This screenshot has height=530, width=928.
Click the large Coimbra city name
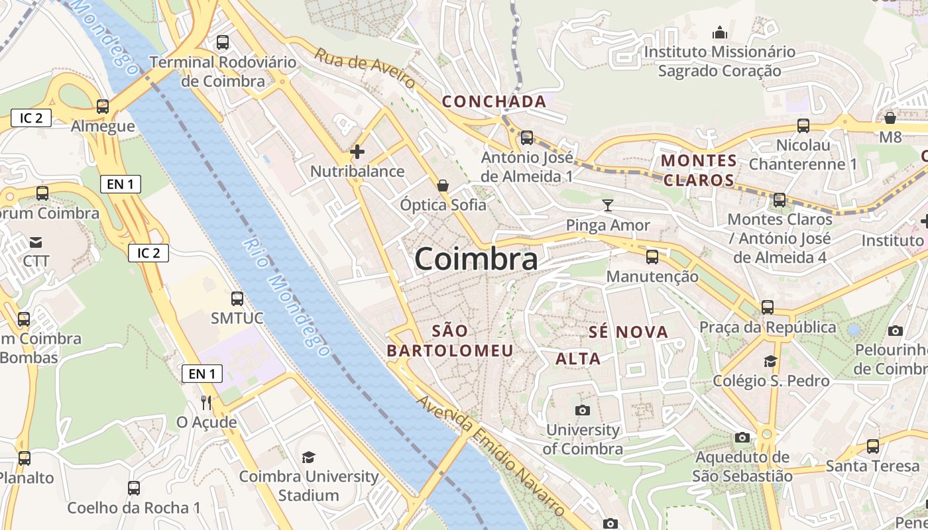pyautogui.click(x=476, y=259)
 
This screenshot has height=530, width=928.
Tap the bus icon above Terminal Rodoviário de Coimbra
pyautogui.click(x=223, y=42)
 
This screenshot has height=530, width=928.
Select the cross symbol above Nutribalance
pyautogui.click(x=357, y=152)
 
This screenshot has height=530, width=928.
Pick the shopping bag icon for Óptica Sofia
pyautogui.click(x=443, y=185)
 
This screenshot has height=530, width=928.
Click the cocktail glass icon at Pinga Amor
pyautogui.click(x=608, y=205)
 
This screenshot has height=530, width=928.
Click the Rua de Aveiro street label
pyautogui.click(x=365, y=68)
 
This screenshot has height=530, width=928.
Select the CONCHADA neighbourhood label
pyautogui.click(x=494, y=101)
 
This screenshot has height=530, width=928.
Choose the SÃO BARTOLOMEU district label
pyautogui.click(x=450, y=341)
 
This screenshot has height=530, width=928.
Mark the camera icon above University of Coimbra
pyautogui.click(x=583, y=411)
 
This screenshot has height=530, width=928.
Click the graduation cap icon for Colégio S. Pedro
pyautogui.click(x=770, y=361)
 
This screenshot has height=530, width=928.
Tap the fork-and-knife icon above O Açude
pyautogui.click(x=206, y=402)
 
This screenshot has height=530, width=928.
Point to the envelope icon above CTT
pyautogui.click(x=36, y=242)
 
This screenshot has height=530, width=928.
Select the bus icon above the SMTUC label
pyautogui.click(x=237, y=299)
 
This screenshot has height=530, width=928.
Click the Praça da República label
pyautogui.click(x=768, y=327)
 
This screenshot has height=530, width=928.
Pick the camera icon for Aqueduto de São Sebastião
pyautogui.click(x=742, y=437)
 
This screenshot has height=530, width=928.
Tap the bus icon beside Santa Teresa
pyautogui.click(x=873, y=447)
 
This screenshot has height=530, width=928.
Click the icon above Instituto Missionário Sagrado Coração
pyautogui.click(x=720, y=32)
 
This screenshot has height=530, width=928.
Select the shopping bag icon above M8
pyautogui.click(x=890, y=118)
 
